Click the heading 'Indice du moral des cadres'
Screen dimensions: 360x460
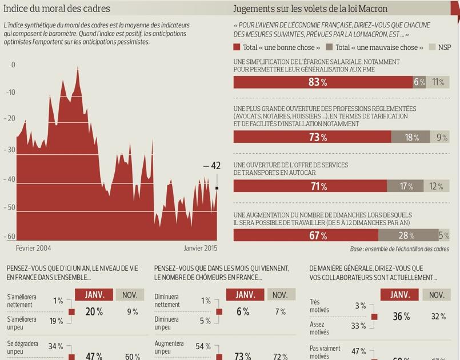57,9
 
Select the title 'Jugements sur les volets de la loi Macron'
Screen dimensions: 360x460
310,9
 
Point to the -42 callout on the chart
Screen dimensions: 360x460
211,166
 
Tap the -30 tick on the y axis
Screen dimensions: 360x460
11,150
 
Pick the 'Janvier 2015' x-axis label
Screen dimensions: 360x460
200,249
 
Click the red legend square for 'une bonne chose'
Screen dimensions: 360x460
237,47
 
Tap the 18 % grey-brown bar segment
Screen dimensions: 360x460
411,137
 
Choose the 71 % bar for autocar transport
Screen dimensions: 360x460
310,186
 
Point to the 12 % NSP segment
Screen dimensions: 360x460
436,186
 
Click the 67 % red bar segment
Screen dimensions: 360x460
306,235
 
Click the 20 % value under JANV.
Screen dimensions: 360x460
94,312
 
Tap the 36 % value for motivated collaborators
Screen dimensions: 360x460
401,317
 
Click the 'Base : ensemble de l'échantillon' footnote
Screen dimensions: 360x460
399,249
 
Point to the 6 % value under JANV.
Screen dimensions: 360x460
243,312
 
